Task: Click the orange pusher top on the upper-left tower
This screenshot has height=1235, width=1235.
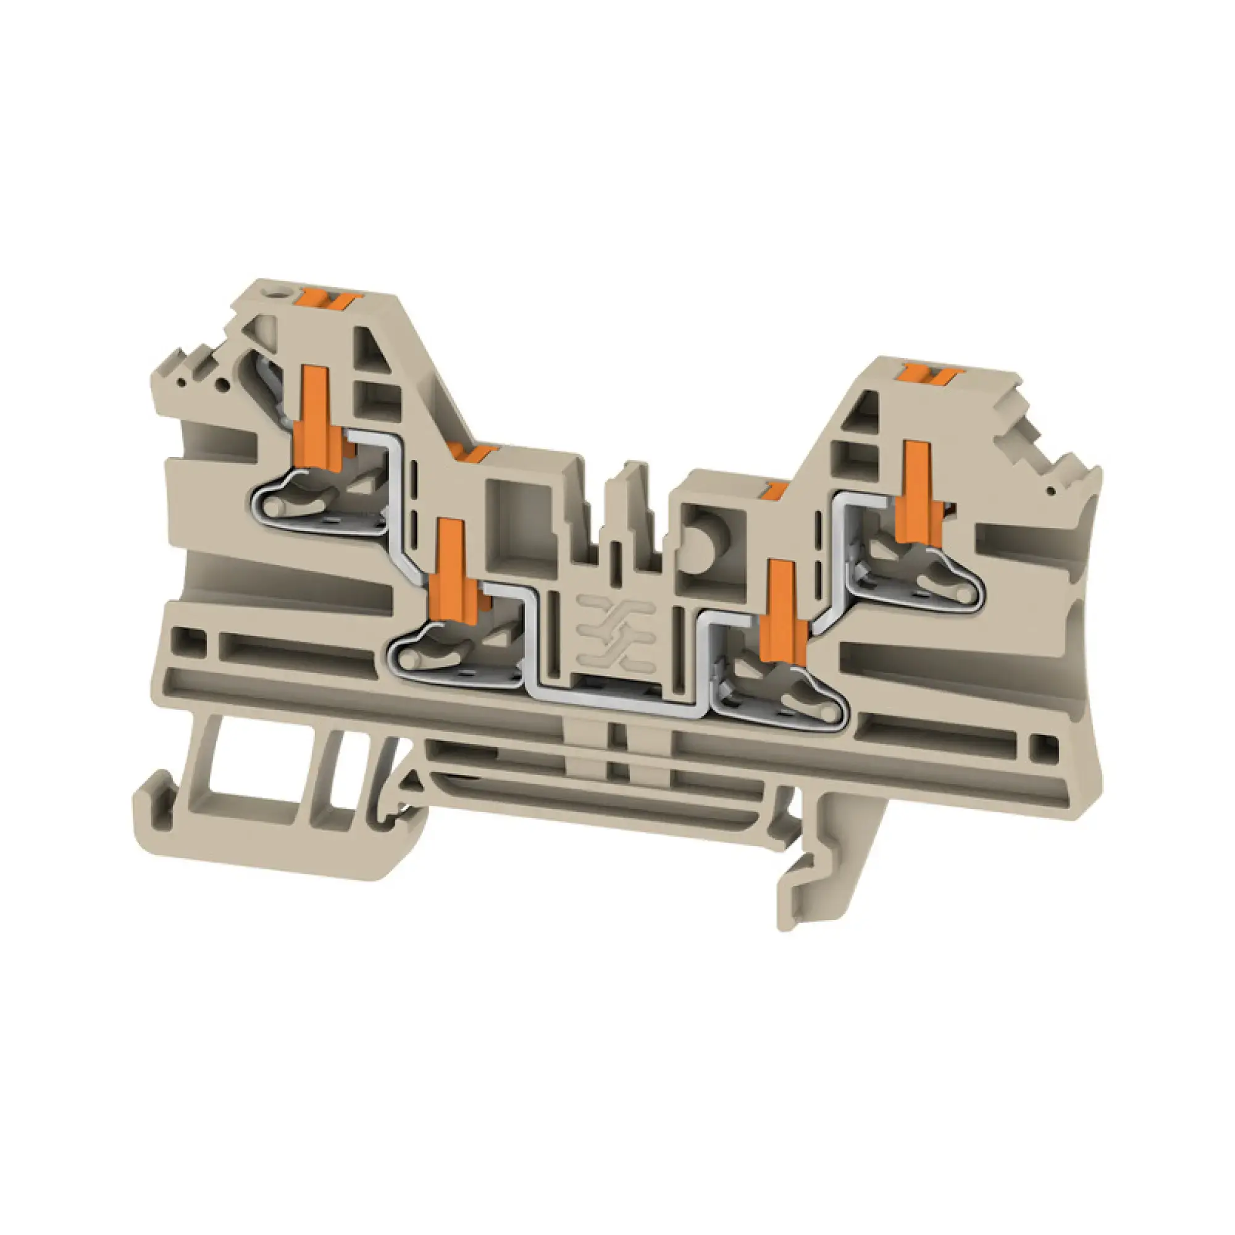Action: (x=330, y=298)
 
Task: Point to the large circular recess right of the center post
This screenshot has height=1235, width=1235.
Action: (x=706, y=543)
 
